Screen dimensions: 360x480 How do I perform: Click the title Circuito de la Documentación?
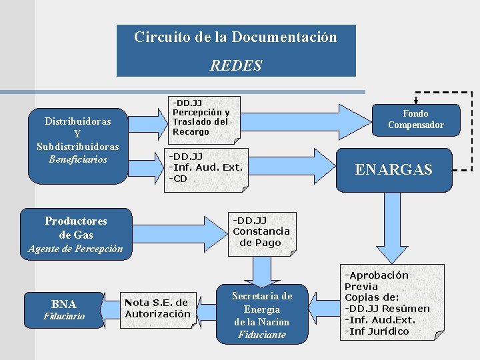[235, 37]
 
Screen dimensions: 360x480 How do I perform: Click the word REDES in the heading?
[235, 65]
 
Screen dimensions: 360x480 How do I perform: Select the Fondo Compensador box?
[415, 119]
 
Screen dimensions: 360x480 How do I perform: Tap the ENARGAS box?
[393, 169]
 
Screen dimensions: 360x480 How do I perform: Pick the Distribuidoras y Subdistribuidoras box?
[78, 141]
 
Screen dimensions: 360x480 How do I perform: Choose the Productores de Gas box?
[75, 228]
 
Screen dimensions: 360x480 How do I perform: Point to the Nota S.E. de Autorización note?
[157, 309]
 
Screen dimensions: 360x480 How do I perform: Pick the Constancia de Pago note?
[261, 232]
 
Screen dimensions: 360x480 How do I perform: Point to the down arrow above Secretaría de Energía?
[261, 271]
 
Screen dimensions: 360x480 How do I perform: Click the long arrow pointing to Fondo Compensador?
[301, 118]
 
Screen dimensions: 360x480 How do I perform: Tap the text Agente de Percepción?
[75, 249]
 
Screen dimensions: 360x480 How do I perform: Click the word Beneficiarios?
[78, 159]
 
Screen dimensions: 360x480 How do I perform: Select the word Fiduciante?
[261, 335]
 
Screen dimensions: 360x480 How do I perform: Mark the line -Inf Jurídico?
[377, 331]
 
